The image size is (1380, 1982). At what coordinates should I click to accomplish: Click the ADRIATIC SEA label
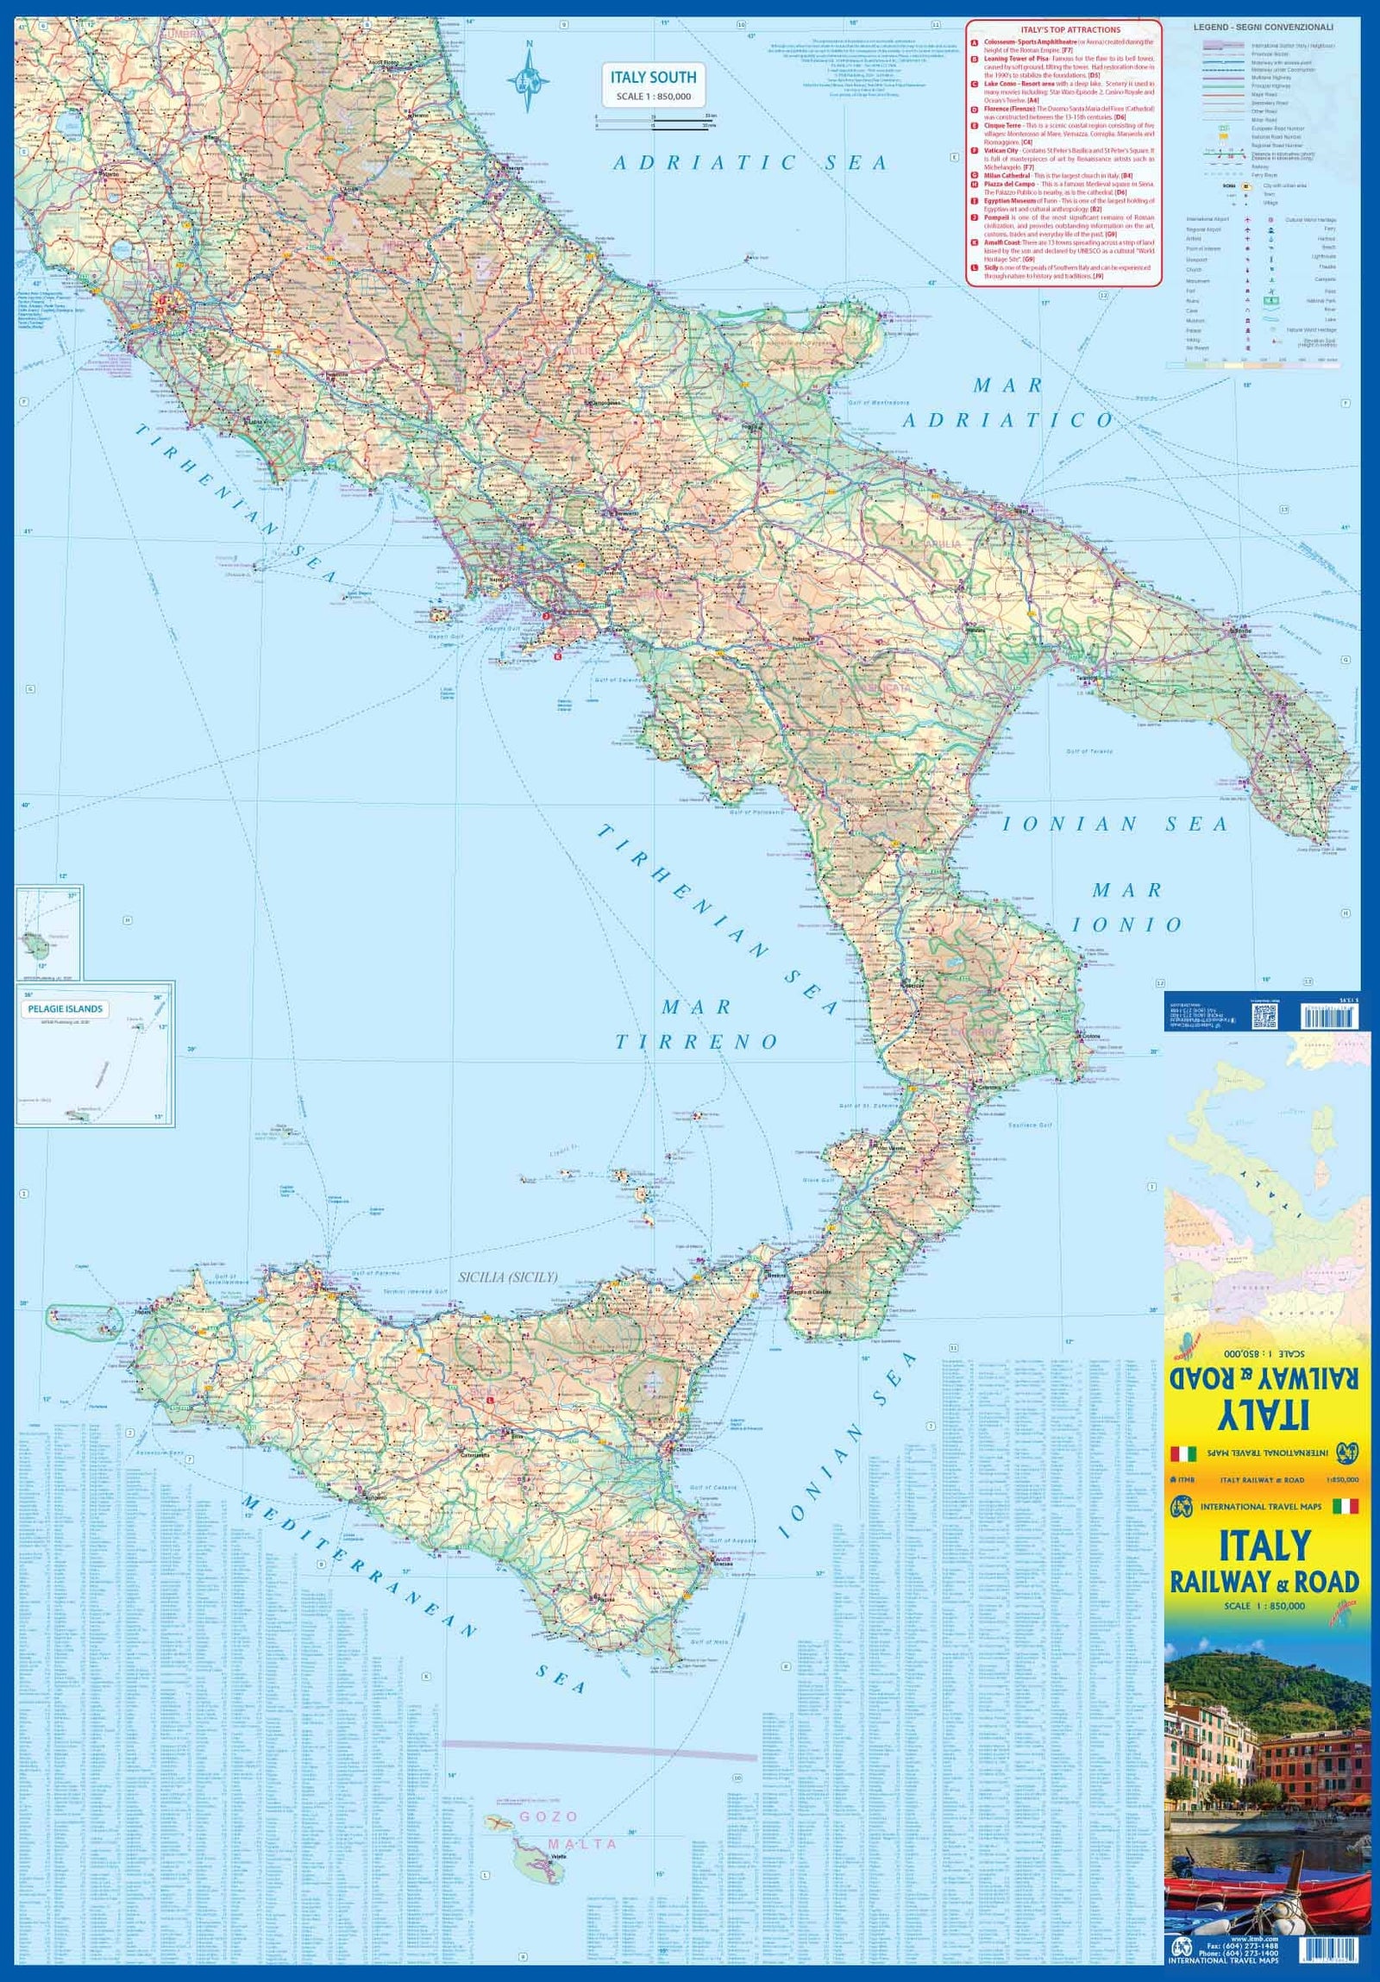click(750, 162)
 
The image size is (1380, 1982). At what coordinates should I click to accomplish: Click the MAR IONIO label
click(1127, 906)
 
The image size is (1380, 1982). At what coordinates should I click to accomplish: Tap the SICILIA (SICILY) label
click(507, 1276)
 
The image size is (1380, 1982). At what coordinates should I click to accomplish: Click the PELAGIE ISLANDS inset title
click(66, 1008)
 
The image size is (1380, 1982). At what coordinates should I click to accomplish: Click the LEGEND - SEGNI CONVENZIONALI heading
click(1264, 28)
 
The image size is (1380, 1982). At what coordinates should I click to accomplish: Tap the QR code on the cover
click(1264, 1018)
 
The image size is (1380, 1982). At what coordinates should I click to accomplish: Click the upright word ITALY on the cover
click(1265, 1547)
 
